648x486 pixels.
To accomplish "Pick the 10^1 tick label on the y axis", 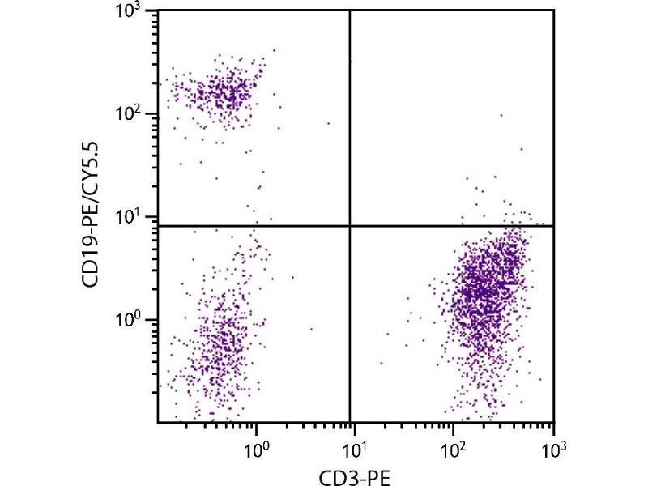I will point(137,217).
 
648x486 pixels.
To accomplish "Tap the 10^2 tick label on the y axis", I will point(137,113).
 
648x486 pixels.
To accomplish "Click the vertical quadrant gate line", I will point(350,122).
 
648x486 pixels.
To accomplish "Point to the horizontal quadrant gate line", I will point(243,226).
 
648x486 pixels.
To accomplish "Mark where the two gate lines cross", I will point(350,226).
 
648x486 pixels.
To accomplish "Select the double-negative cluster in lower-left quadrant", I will point(223,340).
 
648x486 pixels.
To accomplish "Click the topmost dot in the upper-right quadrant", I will point(501,115).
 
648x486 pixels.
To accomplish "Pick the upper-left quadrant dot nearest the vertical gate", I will point(328,123).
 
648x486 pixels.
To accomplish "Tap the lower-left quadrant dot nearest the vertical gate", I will point(311,329).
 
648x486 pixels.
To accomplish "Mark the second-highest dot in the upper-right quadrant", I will point(522,149).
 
